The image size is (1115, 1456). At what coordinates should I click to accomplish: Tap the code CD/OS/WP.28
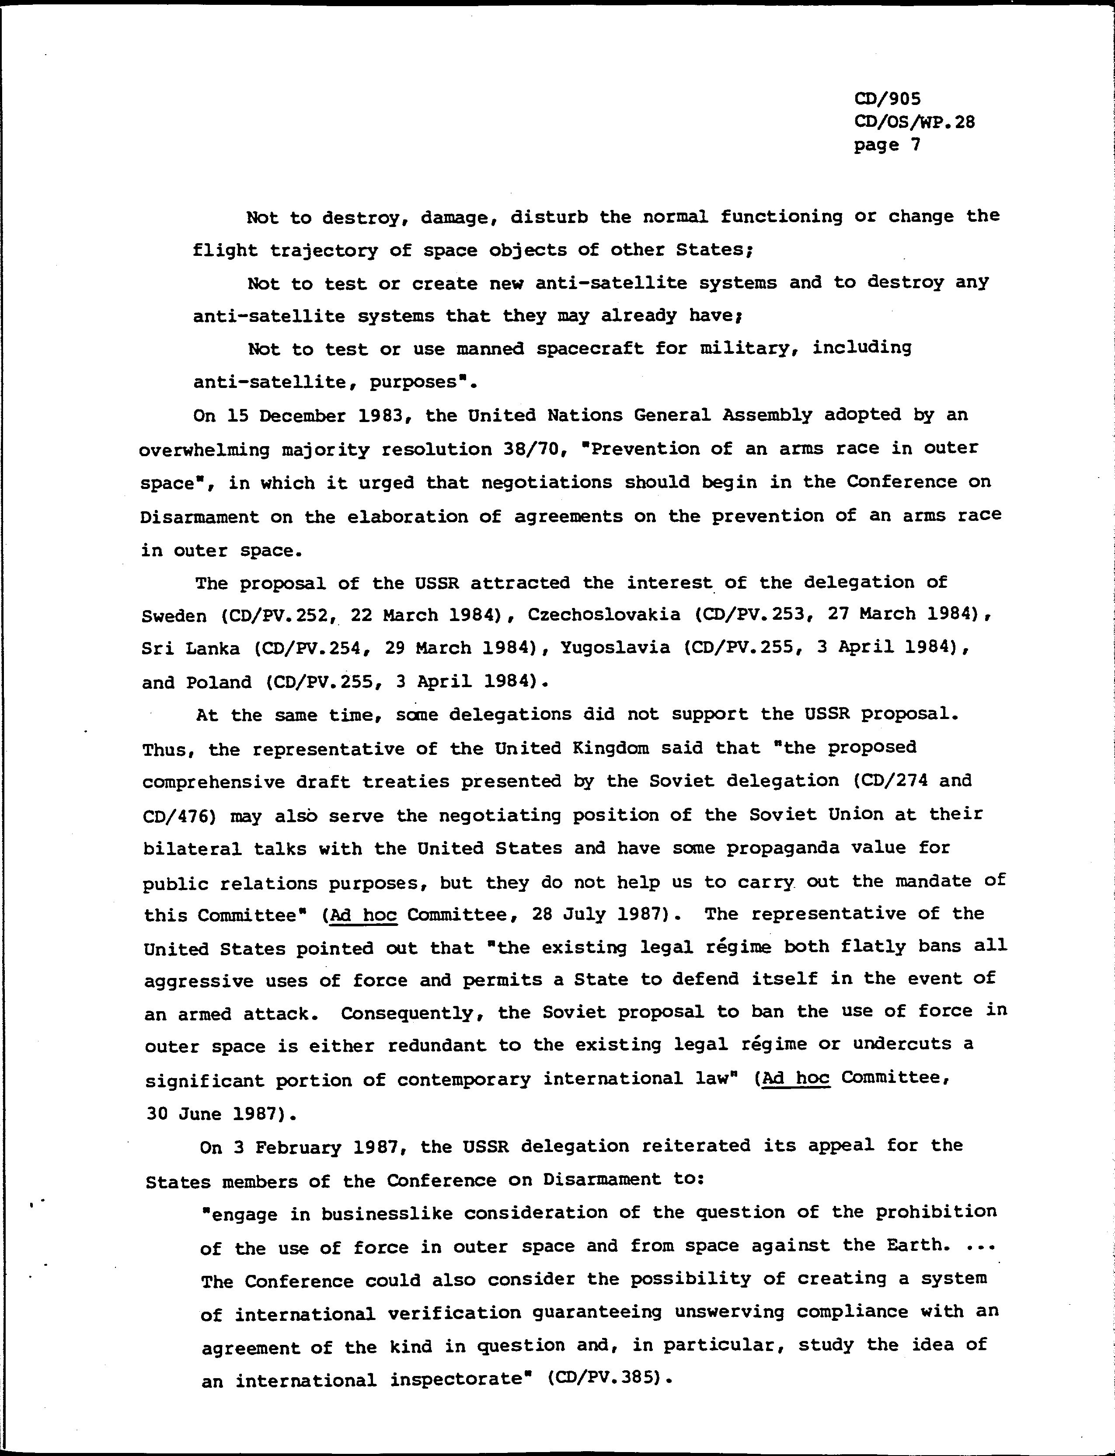[x=914, y=122]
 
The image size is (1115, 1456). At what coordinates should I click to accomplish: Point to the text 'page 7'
[x=887, y=145]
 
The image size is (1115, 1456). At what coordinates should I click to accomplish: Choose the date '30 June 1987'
[x=216, y=1114]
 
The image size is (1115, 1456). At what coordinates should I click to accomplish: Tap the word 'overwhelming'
[x=205, y=450]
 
